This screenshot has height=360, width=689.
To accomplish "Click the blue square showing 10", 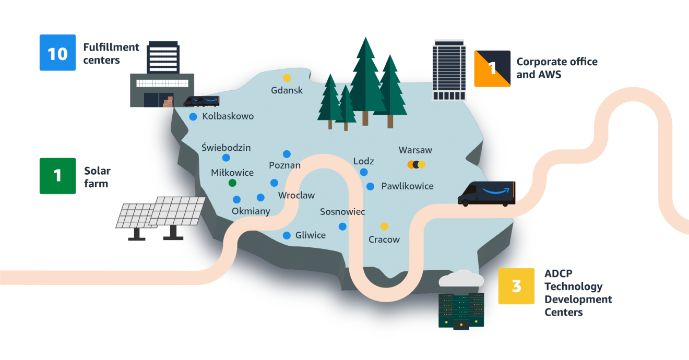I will click(x=57, y=53).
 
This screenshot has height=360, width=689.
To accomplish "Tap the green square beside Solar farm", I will click(x=57, y=176).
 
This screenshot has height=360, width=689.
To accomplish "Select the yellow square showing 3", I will click(x=516, y=286).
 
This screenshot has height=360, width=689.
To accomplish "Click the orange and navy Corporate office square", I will click(x=492, y=68).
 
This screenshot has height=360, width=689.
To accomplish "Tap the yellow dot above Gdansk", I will click(x=287, y=78).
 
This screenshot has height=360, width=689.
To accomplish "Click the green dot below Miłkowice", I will click(x=232, y=183).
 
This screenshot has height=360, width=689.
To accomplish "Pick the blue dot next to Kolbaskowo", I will click(x=193, y=116).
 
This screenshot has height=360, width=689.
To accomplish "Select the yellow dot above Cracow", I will click(x=384, y=226).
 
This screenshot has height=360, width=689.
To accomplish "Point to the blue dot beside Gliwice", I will click(x=287, y=235).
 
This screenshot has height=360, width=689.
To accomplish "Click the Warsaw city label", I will click(x=415, y=150).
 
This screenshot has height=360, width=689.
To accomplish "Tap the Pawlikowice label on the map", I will click(x=407, y=186).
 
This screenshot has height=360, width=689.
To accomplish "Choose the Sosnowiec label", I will click(x=342, y=212).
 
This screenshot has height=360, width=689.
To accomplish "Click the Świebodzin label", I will click(x=226, y=148).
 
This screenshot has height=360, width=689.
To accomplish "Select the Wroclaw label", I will click(x=296, y=196).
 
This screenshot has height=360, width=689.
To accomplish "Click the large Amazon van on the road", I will click(x=486, y=194).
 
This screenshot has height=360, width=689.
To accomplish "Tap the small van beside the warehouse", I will click(x=201, y=101).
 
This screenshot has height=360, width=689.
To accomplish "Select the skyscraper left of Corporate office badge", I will click(x=448, y=70).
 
